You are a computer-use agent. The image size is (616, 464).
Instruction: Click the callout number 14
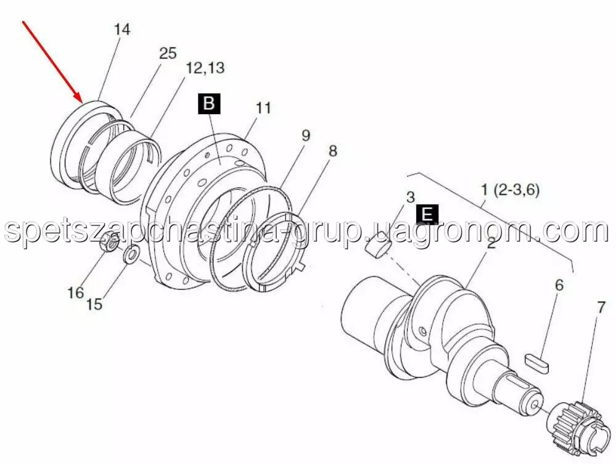(x=122, y=30)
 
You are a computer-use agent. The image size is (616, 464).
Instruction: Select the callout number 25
(x=168, y=53)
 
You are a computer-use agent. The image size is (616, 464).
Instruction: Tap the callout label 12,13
(x=205, y=68)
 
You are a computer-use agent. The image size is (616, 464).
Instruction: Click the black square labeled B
(x=210, y=104)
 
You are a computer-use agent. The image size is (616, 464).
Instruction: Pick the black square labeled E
(x=427, y=215)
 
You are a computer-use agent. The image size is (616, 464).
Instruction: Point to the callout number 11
(x=264, y=107)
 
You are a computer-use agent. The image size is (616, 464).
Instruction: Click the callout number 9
(x=306, y=136)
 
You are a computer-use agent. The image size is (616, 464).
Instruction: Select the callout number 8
(x=332, y=151)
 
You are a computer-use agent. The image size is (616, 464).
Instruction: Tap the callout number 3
(x=410, y=197)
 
